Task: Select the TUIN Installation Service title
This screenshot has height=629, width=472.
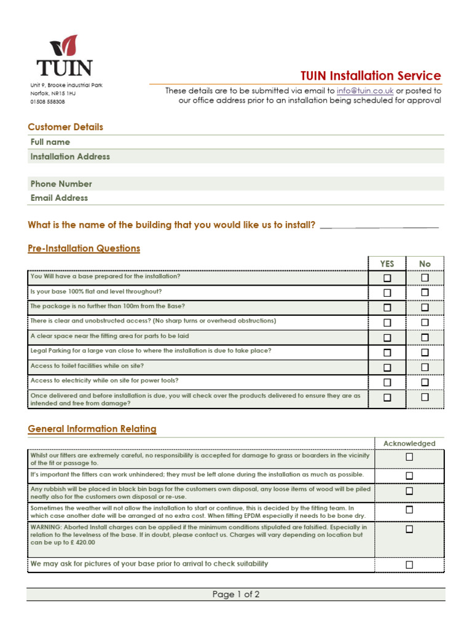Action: pyautogui.click(x=371, y=76)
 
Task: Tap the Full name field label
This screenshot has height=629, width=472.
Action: pyautogui.click(x=50, y=142)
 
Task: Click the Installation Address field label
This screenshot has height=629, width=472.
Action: pyautogui.click(x=70, y=157)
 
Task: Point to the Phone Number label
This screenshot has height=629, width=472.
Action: pyautogui.click(x=61, y=184)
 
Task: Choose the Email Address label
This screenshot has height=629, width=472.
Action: pyautogui.click(x=59, y=198)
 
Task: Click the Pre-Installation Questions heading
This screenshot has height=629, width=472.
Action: pyautogui.click(x=84, y=248)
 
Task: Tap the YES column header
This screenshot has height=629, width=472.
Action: pyautogui.click(x=387, y=264)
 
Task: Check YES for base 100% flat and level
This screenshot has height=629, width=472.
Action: pyautogui.click(x=387, y=292)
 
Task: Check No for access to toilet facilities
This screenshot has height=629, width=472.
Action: pyautogui.click(x=425, y=367)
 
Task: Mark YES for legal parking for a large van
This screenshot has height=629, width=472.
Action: pyautogui.click(x=387, y=353)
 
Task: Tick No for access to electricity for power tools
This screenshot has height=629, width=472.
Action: pyautogui.click(x=425, y=382)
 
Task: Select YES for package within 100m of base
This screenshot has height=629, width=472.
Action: pyautogui.click(x=387, y=307)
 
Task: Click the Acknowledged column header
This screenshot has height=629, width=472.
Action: pyautogui.click(x=409, y=443)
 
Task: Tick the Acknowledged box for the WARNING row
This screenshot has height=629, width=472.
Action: pyautogui.click(x=409, y=529)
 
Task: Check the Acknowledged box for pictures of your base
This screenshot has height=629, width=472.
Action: pyautogui.click(x=409, y=565)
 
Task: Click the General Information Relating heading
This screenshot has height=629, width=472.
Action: pyautogui.click(x=92, y=429)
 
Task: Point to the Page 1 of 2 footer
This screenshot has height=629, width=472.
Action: pyautogui.click(x=236, y=594)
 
